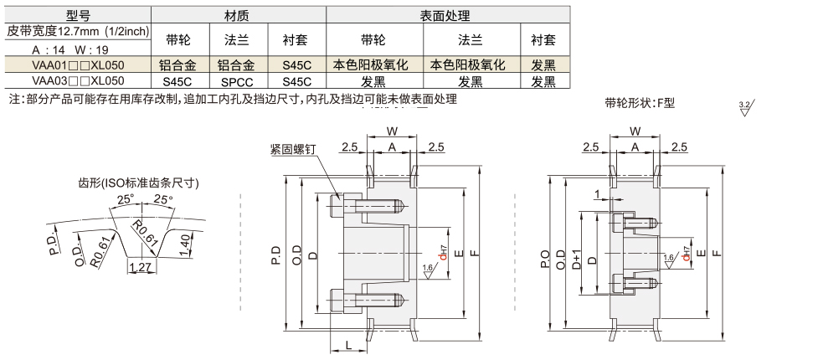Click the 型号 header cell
pyautogui.click(x=77, y=15)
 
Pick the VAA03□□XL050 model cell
pyautogui.click(x=77, y=81)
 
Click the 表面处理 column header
pyautogui.click(x=445, y=15)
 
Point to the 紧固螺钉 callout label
pyautogui.click(x=292, y=149)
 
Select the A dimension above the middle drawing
pyautogui.click(x=390, y=147)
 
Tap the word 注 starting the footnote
pyautogui.click(x=12, y=99)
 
